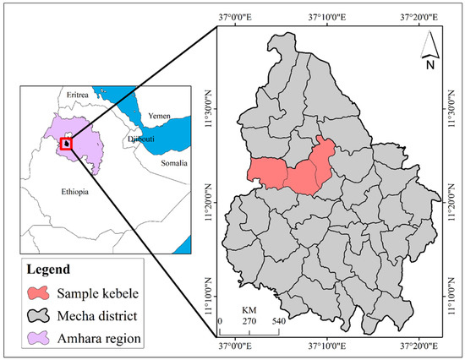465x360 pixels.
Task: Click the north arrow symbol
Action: point(429,42)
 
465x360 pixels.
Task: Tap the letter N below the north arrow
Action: point(429,63)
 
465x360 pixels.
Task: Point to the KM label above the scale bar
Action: point(249,311)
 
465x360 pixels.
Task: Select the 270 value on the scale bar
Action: point(249,322)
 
